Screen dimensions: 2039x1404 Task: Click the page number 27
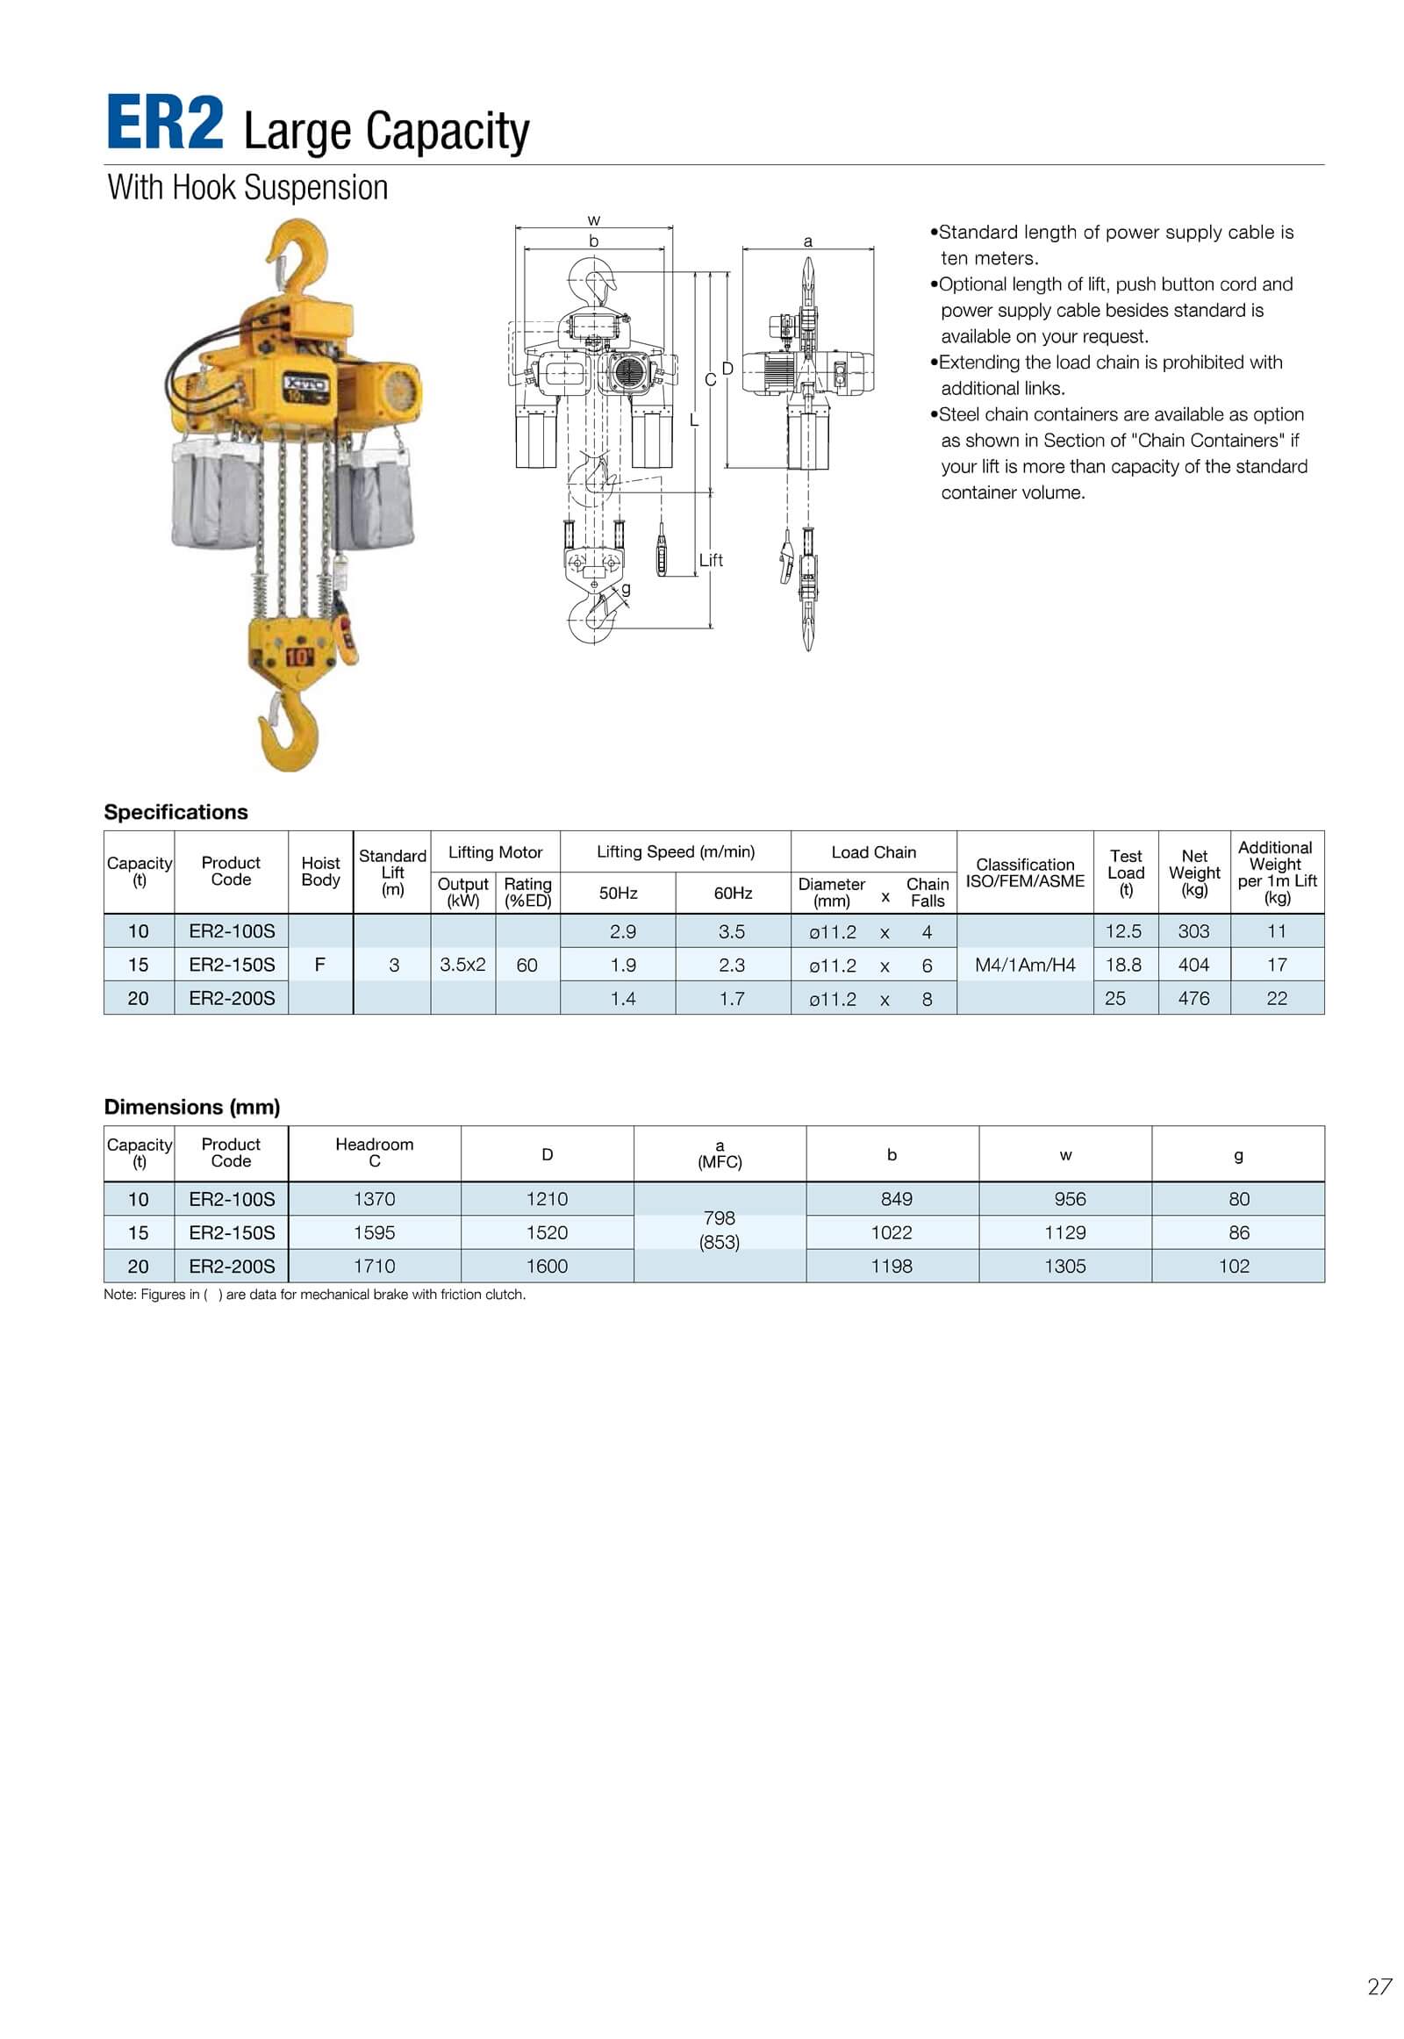pyautogui.click(x=1379, y=1986)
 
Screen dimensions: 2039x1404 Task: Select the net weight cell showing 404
pyautogui.click(x=1193, y=965)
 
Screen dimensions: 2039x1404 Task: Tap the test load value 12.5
pyautogui.click(x=1122, y=931)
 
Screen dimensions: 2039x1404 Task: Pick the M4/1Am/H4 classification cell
pyautogui.click(x=1025, y=965)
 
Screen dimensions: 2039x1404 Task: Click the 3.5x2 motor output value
pyautogui.click(x=462, y=965)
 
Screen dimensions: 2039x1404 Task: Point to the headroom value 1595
pyautogui.click(x=374, y=1232)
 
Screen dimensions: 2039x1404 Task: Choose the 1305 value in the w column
pyautogui.click(x=1064, y=1266)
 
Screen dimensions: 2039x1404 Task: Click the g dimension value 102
pyautogui.click(x=1235, y=1266)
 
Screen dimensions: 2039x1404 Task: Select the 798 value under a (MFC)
pyautogui.click(x=719, y=1218)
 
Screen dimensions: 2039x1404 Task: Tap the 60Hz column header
pyautogui.click(x=733, y=894)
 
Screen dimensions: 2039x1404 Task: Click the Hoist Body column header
pyautogui.click(x=320, y=872)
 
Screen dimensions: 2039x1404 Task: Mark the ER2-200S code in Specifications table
pyautogui.click(x=232, y=998)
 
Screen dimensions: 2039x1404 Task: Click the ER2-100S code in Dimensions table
pyautogui.click(x=232, y=1199)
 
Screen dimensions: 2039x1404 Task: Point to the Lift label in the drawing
pyautogui.click(x=711, y=560)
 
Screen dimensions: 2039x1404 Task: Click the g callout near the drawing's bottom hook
pyautogui.click(x=626, y=588)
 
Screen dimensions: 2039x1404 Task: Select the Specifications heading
pyautogui.click(x=176, y=811)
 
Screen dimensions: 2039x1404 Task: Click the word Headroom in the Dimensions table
pyautogui.click(x=374, y=1144)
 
